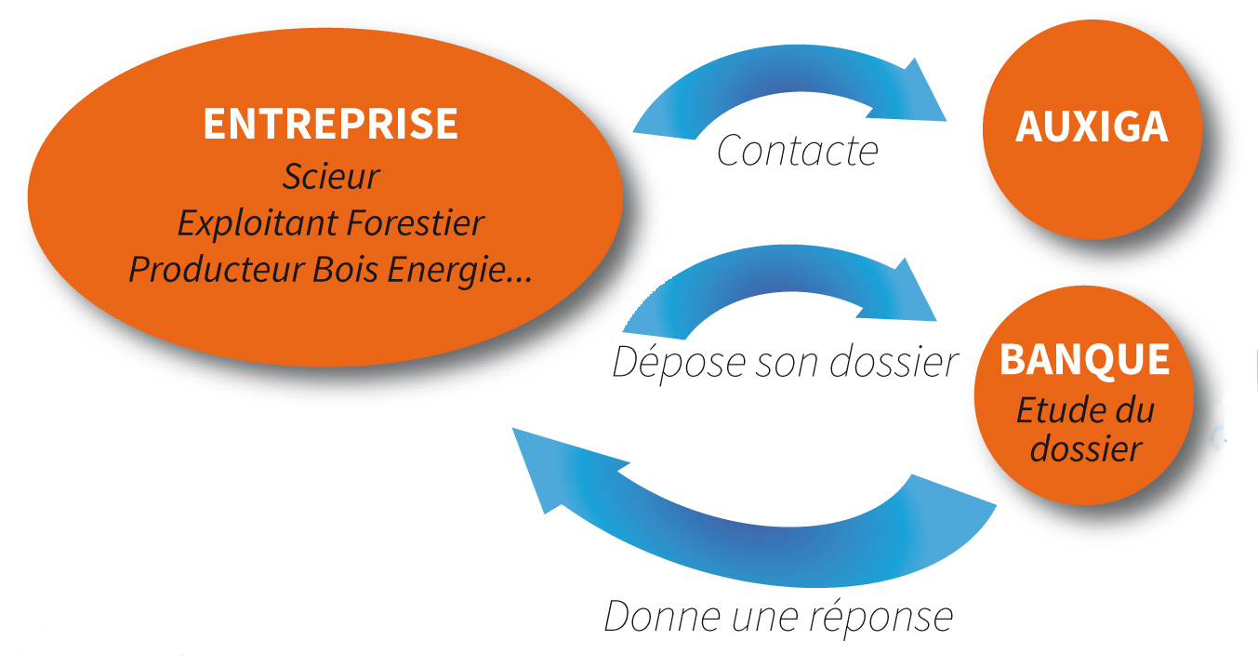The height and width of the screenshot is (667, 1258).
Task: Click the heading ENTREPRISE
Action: tap(330, 124)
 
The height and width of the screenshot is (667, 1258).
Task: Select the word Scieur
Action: tap(331, 177)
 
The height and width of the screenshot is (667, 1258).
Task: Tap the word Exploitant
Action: tap(258, 223)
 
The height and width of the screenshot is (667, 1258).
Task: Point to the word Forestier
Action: tap(415, 222)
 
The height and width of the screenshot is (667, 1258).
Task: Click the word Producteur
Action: tap(217, 269)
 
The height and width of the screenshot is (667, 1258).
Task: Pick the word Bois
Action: tap(345, 269)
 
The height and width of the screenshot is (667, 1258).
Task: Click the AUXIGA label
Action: tap(1092, 127)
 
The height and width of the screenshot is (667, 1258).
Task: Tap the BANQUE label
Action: tap(1084, 360)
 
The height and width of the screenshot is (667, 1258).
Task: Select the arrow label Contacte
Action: tap(798, 151)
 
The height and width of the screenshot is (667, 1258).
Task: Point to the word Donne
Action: tap(662, 617)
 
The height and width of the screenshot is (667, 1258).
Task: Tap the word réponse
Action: tap(881, 618)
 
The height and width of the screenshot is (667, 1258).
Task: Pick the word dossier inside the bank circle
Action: tap(1086, 449)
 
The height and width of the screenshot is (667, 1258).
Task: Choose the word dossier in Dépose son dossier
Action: tap(894, 362)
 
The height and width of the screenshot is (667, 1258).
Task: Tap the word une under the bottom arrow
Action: tap(764, 620)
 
